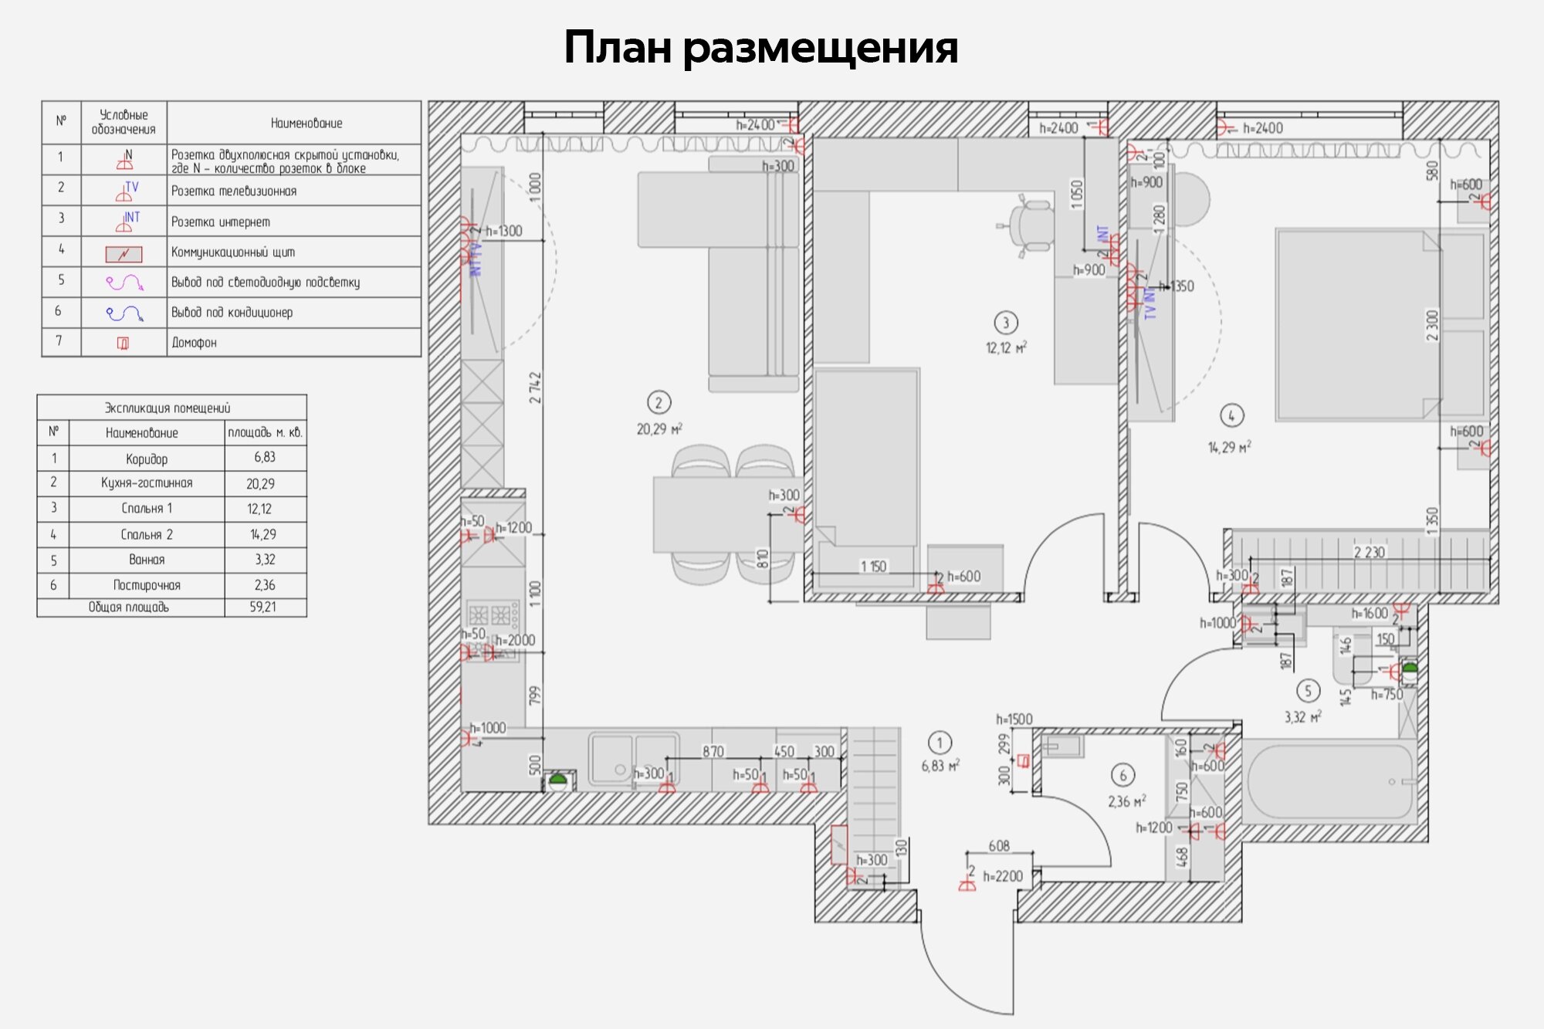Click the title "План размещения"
click(x=760, y=48)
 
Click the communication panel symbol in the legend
click(x=124, y=253)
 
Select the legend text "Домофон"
click(x=194, y=343)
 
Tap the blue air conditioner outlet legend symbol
click(x=124, y=313)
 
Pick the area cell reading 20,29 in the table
click(x=261, y=484)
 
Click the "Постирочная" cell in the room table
click(x=147, y=585)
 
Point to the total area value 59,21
click(x=262, y=608)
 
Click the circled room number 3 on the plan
click(x=1005, y=323)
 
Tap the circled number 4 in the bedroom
click(x=1231, y=416)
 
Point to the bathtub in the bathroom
click(x=1329, y=781)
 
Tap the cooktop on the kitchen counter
click(x=489, y=614)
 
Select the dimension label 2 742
click(x=535, y=388)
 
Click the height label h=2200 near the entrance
click(x=1002, y=877)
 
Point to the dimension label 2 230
click(x=1369, y=552)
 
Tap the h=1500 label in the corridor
click(x=1014, y=719)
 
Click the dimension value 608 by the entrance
click(x=999, y=846)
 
